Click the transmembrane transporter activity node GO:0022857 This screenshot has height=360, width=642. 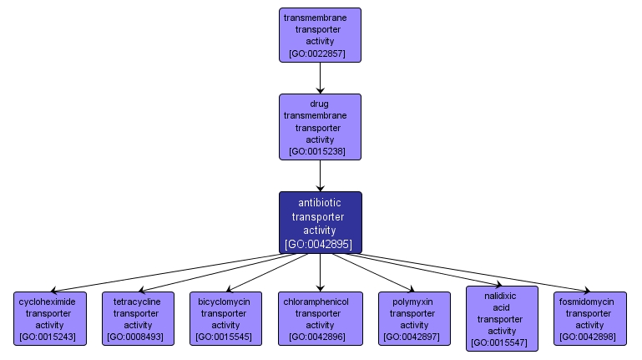[x=320, y=35]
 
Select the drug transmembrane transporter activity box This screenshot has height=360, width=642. [x=320, y=127]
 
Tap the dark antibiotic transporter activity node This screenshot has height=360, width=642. [x=320, y=222]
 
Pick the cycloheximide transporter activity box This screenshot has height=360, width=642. [x=50, y=318]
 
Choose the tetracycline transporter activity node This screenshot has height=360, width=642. [x=138, y=318]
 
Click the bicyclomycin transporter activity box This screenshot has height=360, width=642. [x=225, y=318]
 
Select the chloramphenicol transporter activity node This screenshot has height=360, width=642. [x=320, y=318]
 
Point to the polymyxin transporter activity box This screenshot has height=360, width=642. [x=414, y=318]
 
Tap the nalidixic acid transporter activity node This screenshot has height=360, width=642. [x=502, y=318]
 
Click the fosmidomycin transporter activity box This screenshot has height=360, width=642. [x=589, y=318]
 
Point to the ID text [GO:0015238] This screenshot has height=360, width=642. [x=320, y=152]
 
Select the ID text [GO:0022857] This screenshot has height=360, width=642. [x=320, y=53]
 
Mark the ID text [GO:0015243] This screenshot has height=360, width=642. [x=50, y=337]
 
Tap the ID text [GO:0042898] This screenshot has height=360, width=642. [x=589, y=337]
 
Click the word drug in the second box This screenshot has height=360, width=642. [x=320, y=104]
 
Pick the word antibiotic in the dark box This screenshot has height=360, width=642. [x=320, y=202]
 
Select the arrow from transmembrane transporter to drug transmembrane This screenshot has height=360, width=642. [x=320, y=78]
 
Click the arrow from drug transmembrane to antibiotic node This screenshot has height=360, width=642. [x=320, y=175]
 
